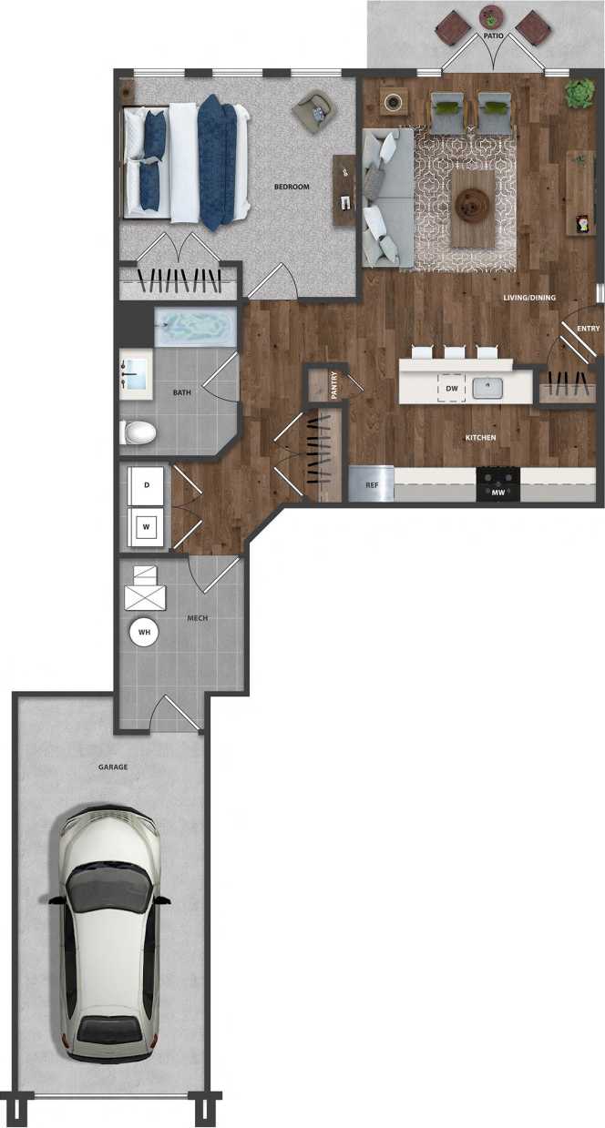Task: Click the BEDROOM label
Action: coord(292,187)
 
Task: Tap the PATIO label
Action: coord(494,36)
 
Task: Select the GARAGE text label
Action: coord(113,767)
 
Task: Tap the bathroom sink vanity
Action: coord(138,374)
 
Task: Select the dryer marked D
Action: coord(147,485)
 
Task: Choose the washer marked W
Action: coord(147,524)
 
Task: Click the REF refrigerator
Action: coord(372,485)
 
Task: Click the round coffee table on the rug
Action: coord(473,206)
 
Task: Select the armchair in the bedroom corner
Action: coord(312,111)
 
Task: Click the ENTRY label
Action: coord(588,329)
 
